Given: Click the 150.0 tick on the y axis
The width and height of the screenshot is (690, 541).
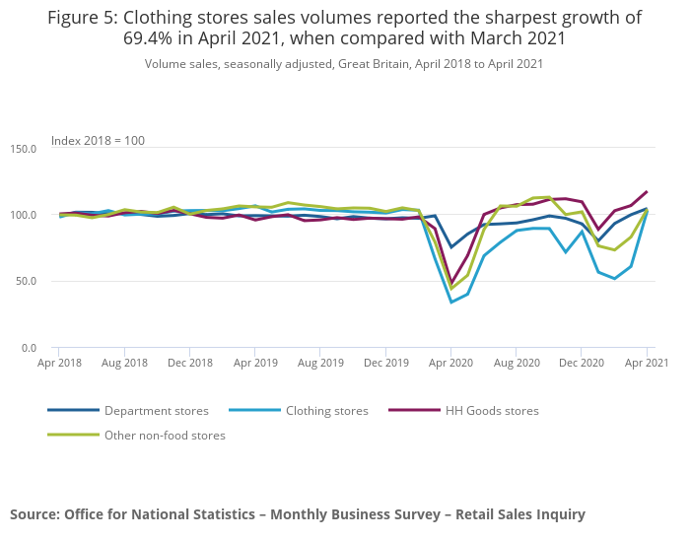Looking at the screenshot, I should pos(23,148).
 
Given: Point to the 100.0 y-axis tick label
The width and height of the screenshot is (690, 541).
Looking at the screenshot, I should pos(23,215).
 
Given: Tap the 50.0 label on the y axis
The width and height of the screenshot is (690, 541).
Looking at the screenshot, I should pos(26,281).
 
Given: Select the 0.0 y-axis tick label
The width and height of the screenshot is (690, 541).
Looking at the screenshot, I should pos(29,348).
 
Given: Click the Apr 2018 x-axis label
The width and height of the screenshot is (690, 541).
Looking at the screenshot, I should pos(58,363).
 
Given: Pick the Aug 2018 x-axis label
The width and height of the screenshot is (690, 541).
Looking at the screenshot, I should pos(124,363).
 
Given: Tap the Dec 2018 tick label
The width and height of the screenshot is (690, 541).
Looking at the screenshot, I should pos(190,363).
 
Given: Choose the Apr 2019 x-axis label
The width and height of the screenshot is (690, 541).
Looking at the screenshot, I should pos(254,363).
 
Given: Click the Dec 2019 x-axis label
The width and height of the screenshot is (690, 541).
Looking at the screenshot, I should pos(386,363).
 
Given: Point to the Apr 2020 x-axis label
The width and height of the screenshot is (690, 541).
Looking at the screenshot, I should pos(450,363).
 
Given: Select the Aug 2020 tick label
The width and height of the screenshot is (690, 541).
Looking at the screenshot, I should pos(517,363).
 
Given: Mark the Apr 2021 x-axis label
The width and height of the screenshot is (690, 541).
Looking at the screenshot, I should pos(647,363).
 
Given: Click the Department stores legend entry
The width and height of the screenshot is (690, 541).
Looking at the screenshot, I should pos(156,411).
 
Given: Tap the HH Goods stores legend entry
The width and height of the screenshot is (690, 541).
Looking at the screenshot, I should pos(492,411).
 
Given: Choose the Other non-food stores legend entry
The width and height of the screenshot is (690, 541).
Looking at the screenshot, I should pos(165,435).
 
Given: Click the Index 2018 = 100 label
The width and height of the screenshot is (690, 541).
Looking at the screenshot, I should pos(98,141).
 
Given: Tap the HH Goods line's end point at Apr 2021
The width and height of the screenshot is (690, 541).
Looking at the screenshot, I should pos(647,191).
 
